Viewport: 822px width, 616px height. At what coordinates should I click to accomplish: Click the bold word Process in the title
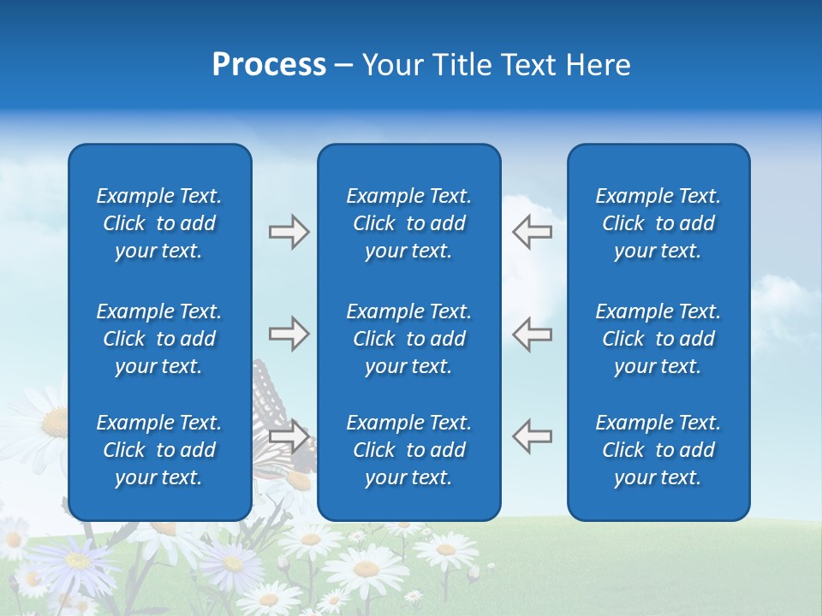(x=269, y=65)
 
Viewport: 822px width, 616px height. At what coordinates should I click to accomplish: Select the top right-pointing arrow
(x=289, y=232)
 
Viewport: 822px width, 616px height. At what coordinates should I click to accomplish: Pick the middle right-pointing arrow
(x=289, y=334)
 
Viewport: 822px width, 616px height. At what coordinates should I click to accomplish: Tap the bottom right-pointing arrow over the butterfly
(x=289, y=436)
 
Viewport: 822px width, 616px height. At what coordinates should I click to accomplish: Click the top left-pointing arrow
(x=532, y=232)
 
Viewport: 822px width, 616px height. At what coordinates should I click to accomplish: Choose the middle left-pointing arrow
(x=532, y=334)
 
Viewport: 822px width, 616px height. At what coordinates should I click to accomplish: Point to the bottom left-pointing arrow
(x=532, y=436)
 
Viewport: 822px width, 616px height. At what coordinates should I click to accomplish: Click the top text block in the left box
(x=159, y=223)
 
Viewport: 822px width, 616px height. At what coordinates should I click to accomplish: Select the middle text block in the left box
(x=159, y=339)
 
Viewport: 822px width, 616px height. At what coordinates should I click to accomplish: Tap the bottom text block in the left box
(x=159, y=450)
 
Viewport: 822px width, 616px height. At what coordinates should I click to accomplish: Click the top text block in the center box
(x=408, y=223)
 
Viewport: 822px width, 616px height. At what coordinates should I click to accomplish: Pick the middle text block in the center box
(x=408, y=339)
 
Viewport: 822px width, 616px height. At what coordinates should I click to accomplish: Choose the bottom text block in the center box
(x=408, y=450)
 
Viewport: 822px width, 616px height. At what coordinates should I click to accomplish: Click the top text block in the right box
(x=658, y=223)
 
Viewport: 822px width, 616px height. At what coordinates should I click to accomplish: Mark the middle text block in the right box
(x=658, y=339)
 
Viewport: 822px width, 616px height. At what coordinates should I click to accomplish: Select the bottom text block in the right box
(x=658, y=450)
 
